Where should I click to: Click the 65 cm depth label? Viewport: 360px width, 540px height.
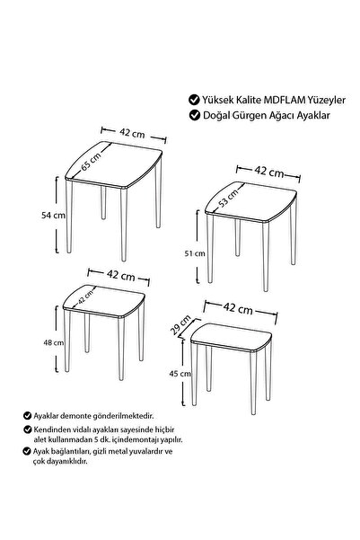coord(92,161)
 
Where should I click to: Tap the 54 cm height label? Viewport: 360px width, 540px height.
coord(53,216)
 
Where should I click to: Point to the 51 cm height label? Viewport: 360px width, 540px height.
coord(195,253)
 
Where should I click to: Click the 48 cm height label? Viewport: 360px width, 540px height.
coord(53,342)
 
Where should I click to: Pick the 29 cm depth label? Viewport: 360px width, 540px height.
coord(180,324)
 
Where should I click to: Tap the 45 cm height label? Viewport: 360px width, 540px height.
coord(180,373)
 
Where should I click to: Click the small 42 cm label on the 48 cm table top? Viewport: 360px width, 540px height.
coord(85,297)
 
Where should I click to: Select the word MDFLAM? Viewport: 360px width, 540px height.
coord(285,100)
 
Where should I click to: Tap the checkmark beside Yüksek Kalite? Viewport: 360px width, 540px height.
coord(194,100)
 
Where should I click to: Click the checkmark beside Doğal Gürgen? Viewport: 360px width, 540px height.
coord(195,115)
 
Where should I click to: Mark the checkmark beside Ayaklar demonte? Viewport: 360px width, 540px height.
coord(27,416)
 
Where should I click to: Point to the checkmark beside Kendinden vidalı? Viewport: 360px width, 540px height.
coord(27,429)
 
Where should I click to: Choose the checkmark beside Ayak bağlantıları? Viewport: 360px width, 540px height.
coord(27,451)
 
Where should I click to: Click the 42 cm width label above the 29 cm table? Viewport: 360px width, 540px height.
coord(238,308)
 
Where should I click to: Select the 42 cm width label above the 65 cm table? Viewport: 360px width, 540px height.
coord(132,133)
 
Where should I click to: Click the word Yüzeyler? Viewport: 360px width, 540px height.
coord(327,101)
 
